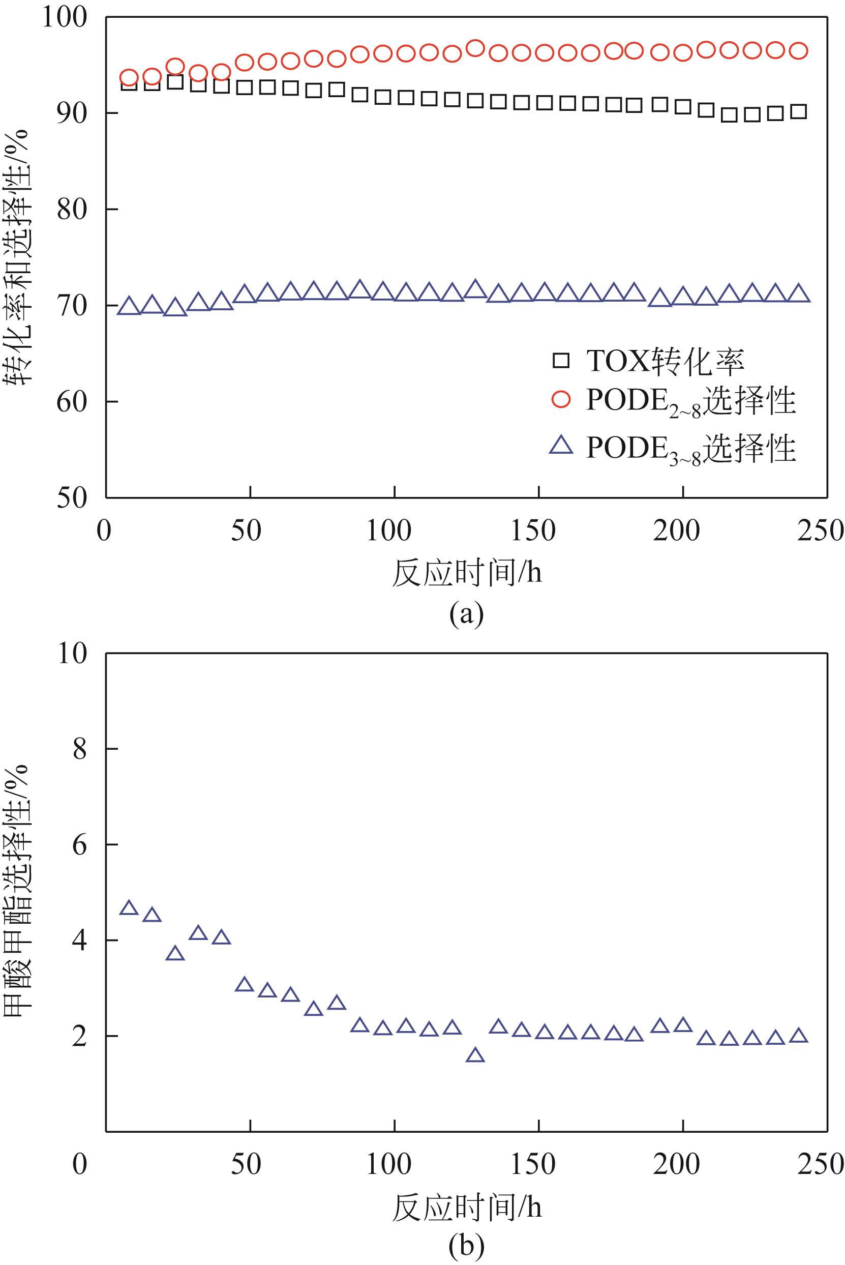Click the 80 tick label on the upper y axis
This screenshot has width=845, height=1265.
coord(72,209)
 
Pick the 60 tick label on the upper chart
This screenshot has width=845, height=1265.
coord(72,401)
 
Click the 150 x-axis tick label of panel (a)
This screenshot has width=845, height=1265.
coord(532,531)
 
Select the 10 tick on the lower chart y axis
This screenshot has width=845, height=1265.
coord(72,654)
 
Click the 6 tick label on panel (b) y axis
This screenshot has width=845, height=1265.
coord(79,844)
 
